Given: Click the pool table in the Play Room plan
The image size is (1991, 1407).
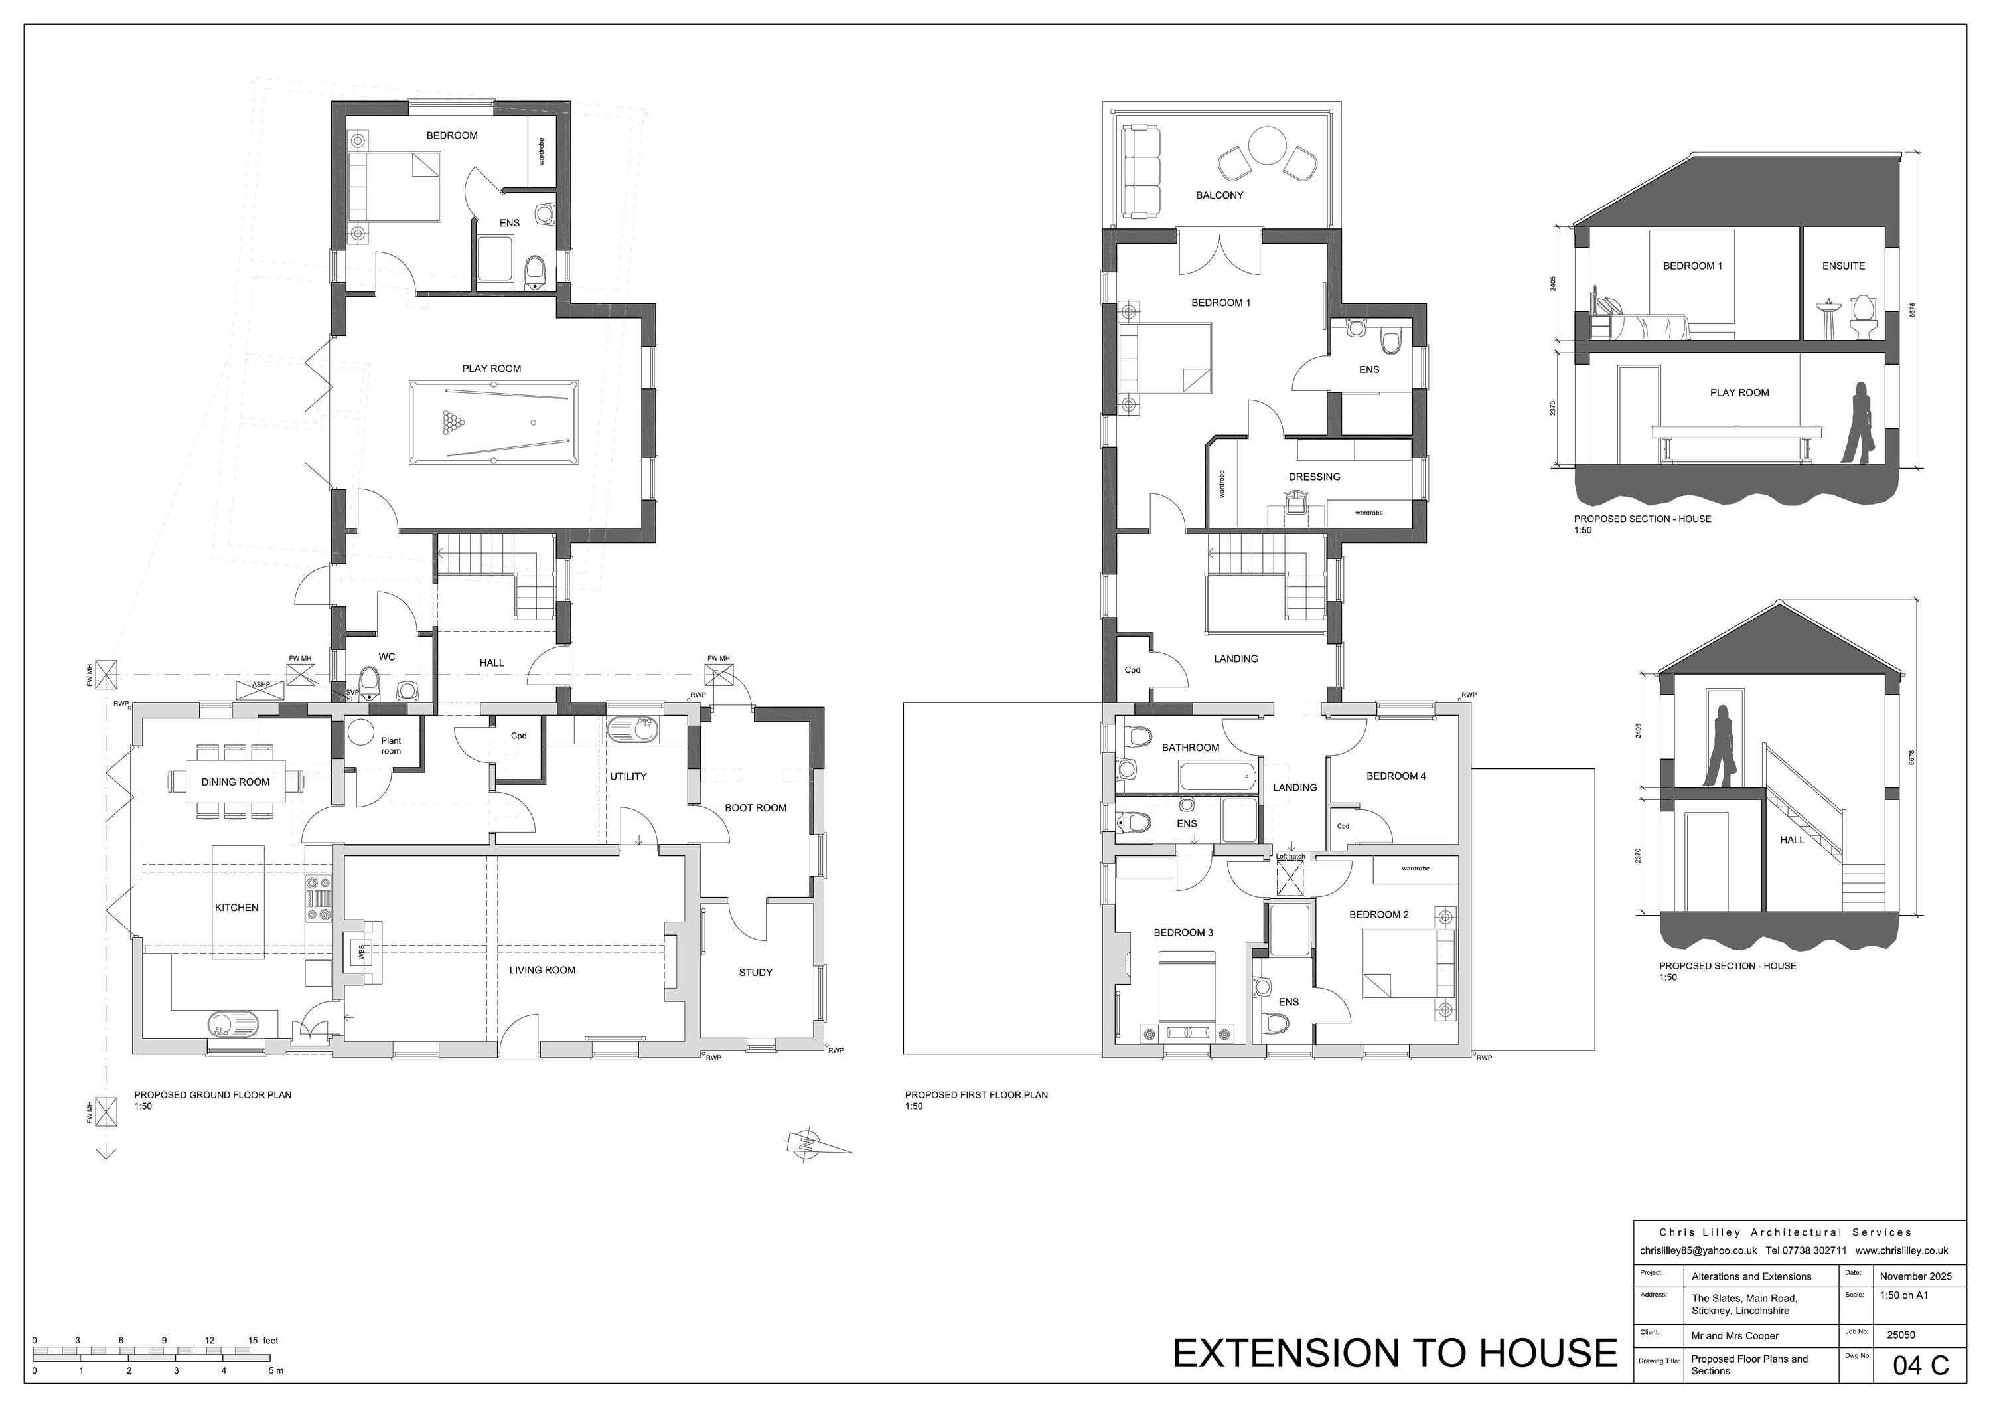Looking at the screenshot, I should coord(492,422).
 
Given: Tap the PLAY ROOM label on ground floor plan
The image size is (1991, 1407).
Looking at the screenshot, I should coord(492,369).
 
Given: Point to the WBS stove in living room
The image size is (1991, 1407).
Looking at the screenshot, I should coord(361,952).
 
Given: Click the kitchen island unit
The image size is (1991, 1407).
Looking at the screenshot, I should coord(238,902).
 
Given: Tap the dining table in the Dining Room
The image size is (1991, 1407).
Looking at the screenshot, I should coord(236,782).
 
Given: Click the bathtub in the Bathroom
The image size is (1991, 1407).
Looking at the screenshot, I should coord(1216,775).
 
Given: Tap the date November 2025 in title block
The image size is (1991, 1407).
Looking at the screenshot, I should coord(1915,1276).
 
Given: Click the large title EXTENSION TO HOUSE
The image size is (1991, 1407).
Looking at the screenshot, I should coord(1395,1353).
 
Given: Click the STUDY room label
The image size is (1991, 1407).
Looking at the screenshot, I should coord(755,972).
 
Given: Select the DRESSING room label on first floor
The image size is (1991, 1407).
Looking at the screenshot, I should coord(1314,477).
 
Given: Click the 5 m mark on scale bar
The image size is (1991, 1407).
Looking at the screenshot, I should coord(277,1371).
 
